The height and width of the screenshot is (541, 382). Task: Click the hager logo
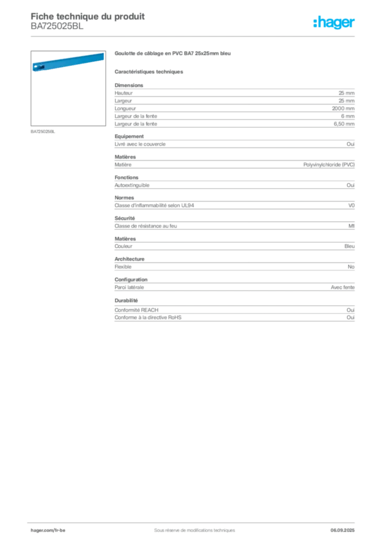pyautogui.click(x=334, y=23)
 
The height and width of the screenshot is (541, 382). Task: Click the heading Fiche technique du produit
pyautogui.click(x=88, y=16)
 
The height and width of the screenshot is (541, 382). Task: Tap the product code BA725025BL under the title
pyautogui.click(x=57, y=26)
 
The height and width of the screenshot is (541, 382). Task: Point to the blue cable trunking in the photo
pyautogui.click(x=68, y=62)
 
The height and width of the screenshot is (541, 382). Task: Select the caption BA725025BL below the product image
pyautogui.click(x=43, y=132)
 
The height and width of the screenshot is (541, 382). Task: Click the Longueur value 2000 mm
pyautogui.click(x=343, y=108)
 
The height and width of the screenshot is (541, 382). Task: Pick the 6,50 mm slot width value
pyautogui.click(x=344, y=124)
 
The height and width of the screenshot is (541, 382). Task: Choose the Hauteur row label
pyautogui.click(x=123, y=93)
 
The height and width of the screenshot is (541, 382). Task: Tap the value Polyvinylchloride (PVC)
pyautogui.click(x=329, y=165)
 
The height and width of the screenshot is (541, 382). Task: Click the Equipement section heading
pyautogui.click(x=129, y=137)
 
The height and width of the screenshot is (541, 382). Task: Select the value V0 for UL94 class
pyautogui.click(x=351, y=206)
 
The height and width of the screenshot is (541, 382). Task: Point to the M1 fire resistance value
pyautogui.click(x=351, y=226)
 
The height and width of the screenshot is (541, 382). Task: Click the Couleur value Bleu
pyautogui.click(x=349, y=246)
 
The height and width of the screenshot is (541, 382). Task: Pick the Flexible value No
pyautogui.click(x=351, y=267)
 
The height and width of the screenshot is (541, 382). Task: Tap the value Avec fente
pyautogui.click(x=343, y=287)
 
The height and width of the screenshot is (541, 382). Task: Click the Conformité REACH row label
pyautogui.click(x=137, y=310)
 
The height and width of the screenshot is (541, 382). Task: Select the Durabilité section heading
pyautogui.click(x=126, y=301)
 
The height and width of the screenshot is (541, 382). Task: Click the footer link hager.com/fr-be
pyautogui.click(x=48, y=530)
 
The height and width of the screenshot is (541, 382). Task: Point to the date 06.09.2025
pyautogui.click(x=342, y=530)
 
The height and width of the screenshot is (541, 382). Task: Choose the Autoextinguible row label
pyautogui.click(x=132, y=185)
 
